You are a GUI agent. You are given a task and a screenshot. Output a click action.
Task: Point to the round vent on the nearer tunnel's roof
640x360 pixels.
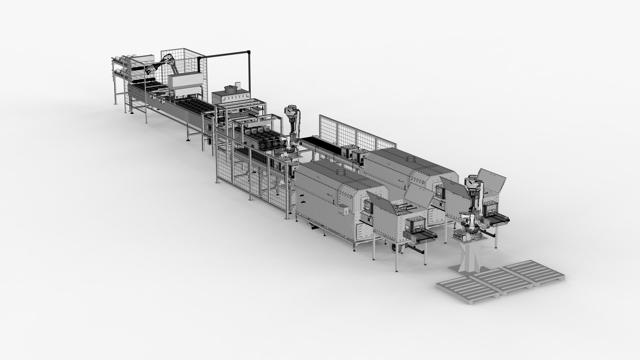341,172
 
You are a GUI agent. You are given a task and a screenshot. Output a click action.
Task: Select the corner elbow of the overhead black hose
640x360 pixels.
248,52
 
